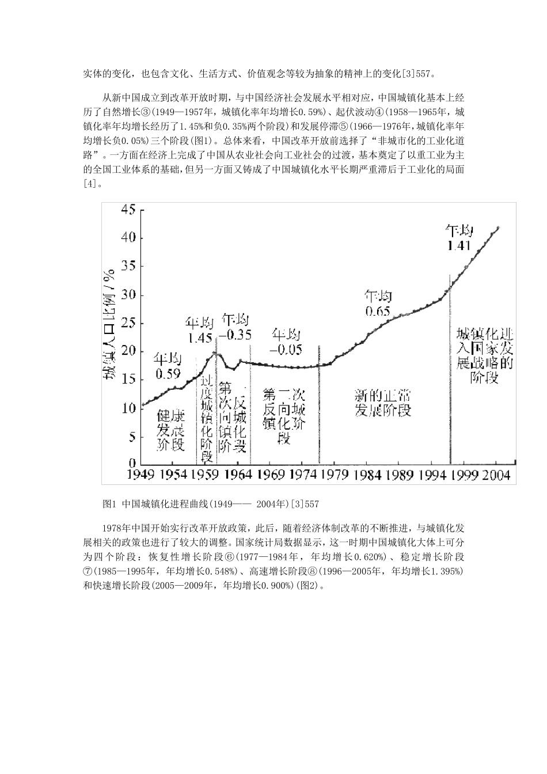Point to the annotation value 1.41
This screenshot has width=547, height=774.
(x=459, y=246)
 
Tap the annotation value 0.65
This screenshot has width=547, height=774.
(x=378, y=311)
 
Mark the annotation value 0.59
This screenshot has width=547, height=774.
(x=167, y=373)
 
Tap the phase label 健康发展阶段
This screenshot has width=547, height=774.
(x=170, y=430)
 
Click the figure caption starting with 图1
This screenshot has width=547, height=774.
(x=210, y=504)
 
